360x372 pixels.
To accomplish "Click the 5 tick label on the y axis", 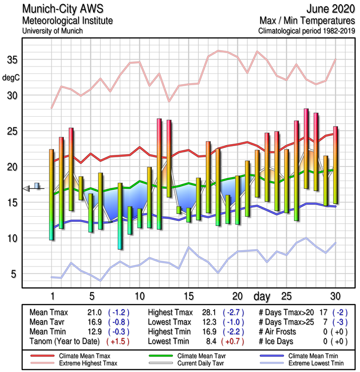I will click(x=14, y=274).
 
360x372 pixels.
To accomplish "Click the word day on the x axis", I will click(x=263, y=296).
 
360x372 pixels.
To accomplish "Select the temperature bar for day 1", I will click(x=52, y=194).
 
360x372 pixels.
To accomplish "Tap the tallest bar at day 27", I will click(x=306, y=148).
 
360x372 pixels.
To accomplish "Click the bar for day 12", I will click(x=159, y=174).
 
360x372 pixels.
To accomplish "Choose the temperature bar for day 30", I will click(x=335, y=165).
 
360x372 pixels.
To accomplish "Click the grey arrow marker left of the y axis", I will click(x=27, y=188).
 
